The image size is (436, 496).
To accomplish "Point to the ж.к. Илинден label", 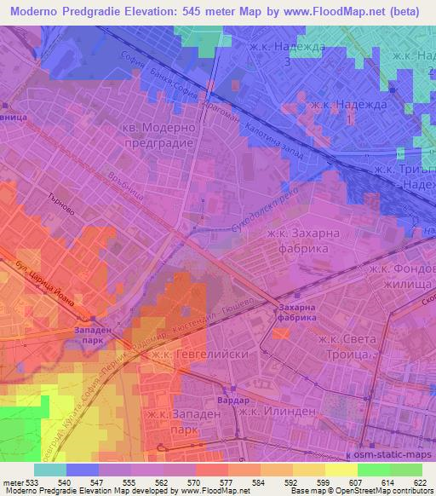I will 278,412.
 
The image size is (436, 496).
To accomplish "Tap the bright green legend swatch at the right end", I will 405,470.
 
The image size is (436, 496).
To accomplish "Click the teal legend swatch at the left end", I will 50,470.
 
